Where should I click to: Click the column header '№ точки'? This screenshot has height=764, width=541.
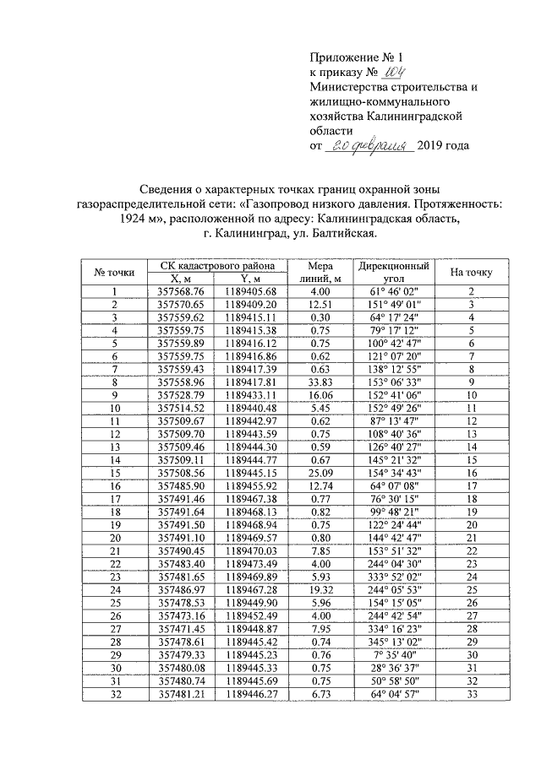[114, 272]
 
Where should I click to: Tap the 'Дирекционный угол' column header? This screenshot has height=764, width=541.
[393, 271]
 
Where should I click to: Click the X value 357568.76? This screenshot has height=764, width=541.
[181, 291]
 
